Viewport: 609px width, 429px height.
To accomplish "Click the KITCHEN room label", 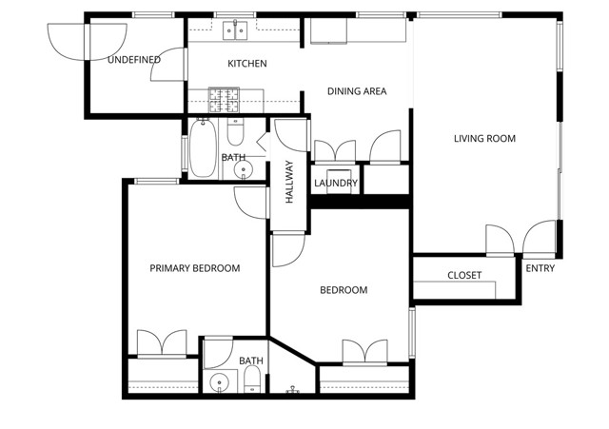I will (246, 64).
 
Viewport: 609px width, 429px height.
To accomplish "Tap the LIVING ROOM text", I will (484, 139).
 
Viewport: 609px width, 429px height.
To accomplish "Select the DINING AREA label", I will (357, 91).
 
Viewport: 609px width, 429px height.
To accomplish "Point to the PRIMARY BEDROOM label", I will (195, 268).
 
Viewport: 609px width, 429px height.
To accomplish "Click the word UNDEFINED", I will (133, 60).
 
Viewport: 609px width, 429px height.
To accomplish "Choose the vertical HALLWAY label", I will (289, 182).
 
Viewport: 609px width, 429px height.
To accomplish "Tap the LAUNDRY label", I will (335, 184).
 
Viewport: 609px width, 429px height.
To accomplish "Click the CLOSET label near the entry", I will (464, 276).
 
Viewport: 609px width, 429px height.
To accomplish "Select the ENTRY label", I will (540, 268).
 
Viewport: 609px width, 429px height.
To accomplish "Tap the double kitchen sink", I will (236, 31).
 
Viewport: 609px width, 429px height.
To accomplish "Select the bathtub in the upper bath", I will (204, 148).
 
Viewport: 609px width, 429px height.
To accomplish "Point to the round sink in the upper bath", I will (244, 170).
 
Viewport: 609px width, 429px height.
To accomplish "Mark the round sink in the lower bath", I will (220, 383).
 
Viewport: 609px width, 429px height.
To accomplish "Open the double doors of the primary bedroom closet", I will (161, 343).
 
